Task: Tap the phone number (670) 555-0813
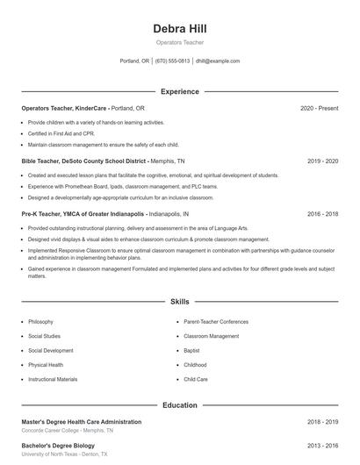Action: (x=173, y=61)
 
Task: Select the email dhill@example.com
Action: (x=218, y=61)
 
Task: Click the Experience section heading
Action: (x=179, y=91)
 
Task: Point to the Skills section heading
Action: (x=179, y=301)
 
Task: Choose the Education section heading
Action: (x=179, y=405)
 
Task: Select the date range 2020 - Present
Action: (x=319, y=108)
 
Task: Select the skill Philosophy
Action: (x=40, y=322)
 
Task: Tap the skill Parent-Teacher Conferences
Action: (x=216, y=322)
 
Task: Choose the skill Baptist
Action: (x=192, y=351)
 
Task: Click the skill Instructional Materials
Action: (x=53, y=380)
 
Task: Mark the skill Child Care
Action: (x=196, y=380)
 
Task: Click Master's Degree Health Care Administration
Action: (x=81, y=422)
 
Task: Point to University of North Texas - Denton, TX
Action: (x=64, y=454)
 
